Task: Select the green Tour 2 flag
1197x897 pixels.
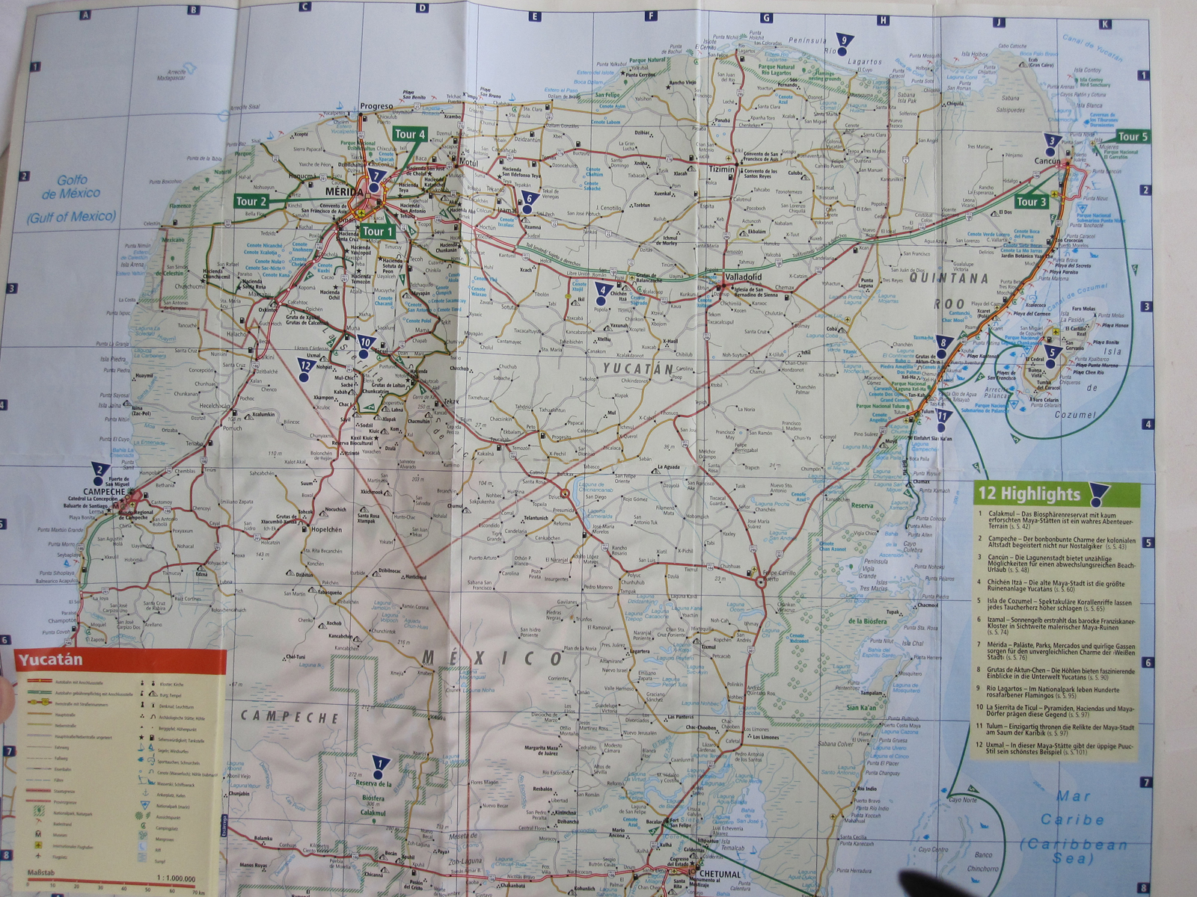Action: [x=251, y=201]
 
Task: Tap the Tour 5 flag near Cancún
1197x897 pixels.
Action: [x=1132, y=137]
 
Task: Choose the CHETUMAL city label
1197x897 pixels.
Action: [x=719, y=874]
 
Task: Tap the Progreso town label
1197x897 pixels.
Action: [x=376, y=106]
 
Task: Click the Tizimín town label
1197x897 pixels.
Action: [x=721, y=170]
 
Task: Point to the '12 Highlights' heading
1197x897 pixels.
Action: [x=1029, y=494]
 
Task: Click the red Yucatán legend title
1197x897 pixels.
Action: [x=51, y=660]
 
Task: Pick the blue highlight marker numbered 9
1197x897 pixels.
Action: [x=843, y=45]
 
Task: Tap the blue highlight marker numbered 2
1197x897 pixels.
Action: [x=97, y=472]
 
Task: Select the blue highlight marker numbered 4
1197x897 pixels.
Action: [x=601, y=292]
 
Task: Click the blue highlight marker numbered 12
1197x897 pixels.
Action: [x=304, y=370]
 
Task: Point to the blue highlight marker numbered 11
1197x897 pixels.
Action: [x=943, y=420]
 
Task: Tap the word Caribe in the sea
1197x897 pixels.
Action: [x=1072, y=819]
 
